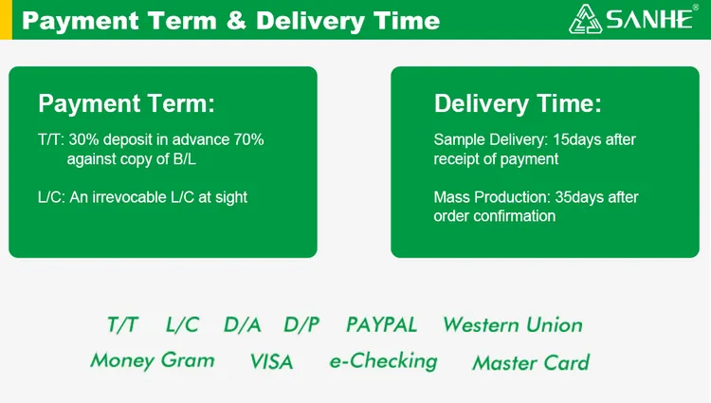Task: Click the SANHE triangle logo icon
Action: [x=586, y=19]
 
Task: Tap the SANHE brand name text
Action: [x=649, y=20]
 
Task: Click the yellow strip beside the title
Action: [x=6, y=20]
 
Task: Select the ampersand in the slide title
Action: [x=236, y=21]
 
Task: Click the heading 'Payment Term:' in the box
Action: [x=126, y=103]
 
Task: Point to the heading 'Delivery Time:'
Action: [x=518, y=103]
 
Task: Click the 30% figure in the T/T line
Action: [x=83, y=139]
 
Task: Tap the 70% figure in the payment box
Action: [x=248, y=139]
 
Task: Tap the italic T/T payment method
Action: [x=122, y=325]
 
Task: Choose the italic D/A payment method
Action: [x=242, y=325]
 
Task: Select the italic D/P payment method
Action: [x=301, y=325]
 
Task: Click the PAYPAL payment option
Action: [x=381, y=325]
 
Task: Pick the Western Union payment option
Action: [x=513, y=325]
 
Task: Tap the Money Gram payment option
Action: [x=153, y=361]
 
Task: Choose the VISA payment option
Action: [x=271, y=361]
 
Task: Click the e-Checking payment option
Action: [x=384, y=361]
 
